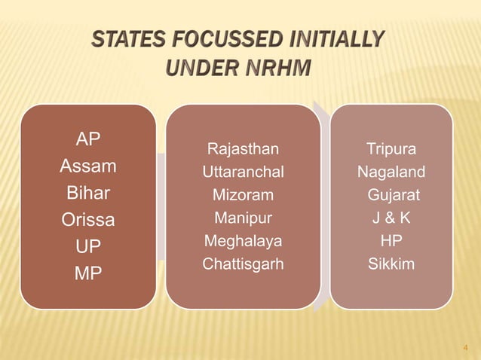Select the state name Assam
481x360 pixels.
(88, 166)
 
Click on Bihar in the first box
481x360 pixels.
(88, 193)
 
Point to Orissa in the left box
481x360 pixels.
(88, 220)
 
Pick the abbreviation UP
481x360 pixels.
(88, 246)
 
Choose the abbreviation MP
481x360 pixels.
(88, 273)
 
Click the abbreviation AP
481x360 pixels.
(89, 139)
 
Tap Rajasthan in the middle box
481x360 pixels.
(243, 148)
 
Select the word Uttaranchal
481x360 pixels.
(243, 172)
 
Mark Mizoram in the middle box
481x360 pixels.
(243, 197)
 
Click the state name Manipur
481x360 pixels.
(243, 220)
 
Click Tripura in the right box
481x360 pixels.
(391, 148)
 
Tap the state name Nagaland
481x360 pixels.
(391, 172)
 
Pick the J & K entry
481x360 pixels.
(391, 220)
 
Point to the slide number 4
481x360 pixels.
(465, 348)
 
